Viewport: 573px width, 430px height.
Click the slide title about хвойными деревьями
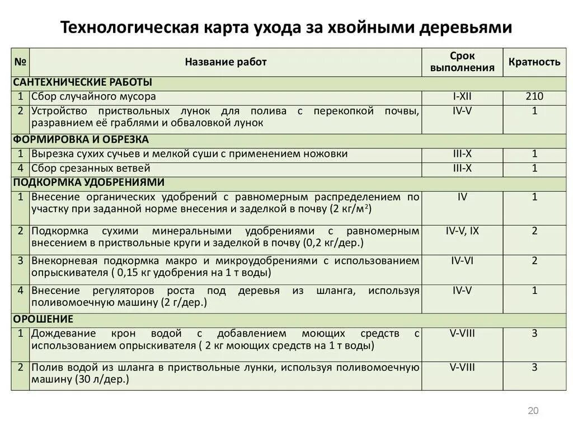click(x=286, y=27)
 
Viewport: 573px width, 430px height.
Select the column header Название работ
click(x=226, y=62)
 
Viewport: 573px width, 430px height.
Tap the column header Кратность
click(x=534, y=62)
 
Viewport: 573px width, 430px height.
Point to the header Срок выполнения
click(x=462, y=62)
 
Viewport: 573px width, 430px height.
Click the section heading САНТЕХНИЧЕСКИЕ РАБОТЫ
click(x=83, y=82)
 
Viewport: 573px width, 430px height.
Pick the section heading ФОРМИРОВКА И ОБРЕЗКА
click(x=81, y=139)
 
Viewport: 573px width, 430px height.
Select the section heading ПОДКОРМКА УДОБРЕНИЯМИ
click(x=88, y=183)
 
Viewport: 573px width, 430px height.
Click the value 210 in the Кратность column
click(x=534, y=97)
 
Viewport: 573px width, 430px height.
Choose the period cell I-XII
click(x=462, y=97)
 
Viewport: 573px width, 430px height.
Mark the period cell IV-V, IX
click(x=462, y=231)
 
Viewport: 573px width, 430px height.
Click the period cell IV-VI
click(x=462, y=260)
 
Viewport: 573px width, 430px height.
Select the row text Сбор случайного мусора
click(x=93, y=97)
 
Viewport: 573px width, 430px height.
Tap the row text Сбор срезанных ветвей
click(x=91, y=168)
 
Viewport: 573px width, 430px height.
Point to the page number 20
click(x=533, y=411)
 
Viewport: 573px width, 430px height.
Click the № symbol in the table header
click(x=21, y=62)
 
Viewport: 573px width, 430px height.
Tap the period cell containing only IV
click(x=462, y=197)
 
